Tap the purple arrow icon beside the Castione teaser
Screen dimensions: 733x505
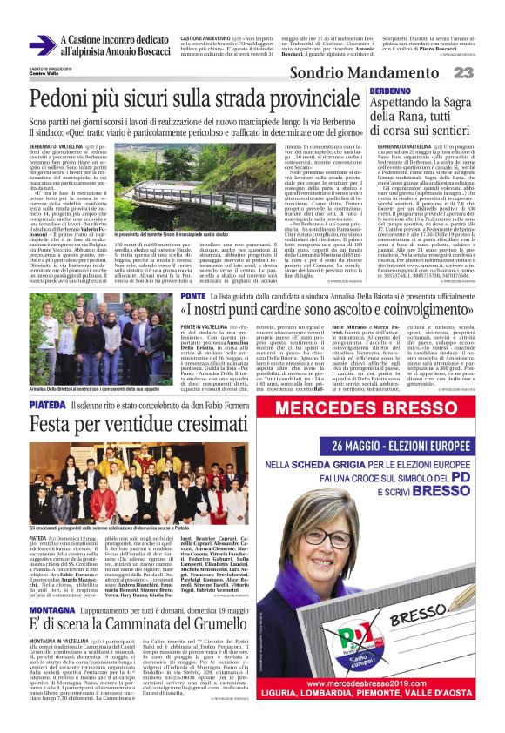(41, 46)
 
